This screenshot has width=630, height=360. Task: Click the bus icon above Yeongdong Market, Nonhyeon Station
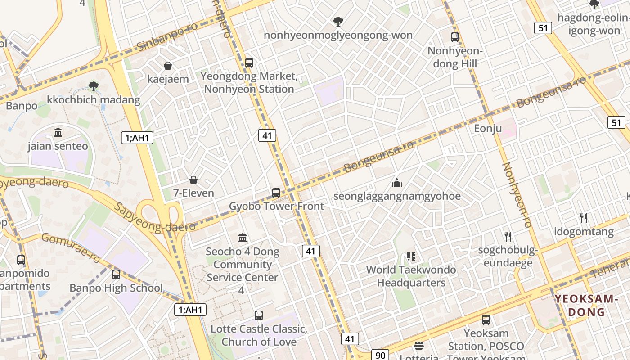[249, 63]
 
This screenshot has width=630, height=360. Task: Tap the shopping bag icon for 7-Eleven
[193, 180]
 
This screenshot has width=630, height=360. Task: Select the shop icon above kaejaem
[168, 66]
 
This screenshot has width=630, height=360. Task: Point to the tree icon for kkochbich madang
[94, 86]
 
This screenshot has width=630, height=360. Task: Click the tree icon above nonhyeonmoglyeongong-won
[338, 22]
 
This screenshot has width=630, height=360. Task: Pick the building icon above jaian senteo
[58, 133]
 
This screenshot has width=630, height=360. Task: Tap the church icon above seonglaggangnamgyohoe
[396, 183]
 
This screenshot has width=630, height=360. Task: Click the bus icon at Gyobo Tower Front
[276, 193]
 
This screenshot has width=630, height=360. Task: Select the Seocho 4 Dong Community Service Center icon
[243, 238]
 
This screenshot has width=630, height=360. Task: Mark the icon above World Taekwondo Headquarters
[411, 256]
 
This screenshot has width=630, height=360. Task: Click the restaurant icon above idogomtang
[584, 218]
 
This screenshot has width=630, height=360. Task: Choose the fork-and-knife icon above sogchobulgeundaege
[508, 236]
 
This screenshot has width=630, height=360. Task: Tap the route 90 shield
[380, 355]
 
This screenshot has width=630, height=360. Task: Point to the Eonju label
[488, 129]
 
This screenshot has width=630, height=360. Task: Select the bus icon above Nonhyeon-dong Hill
[455, 37]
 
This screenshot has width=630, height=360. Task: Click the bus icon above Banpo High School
[116, 274]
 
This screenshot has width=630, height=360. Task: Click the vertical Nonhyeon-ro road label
[517, 194]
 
